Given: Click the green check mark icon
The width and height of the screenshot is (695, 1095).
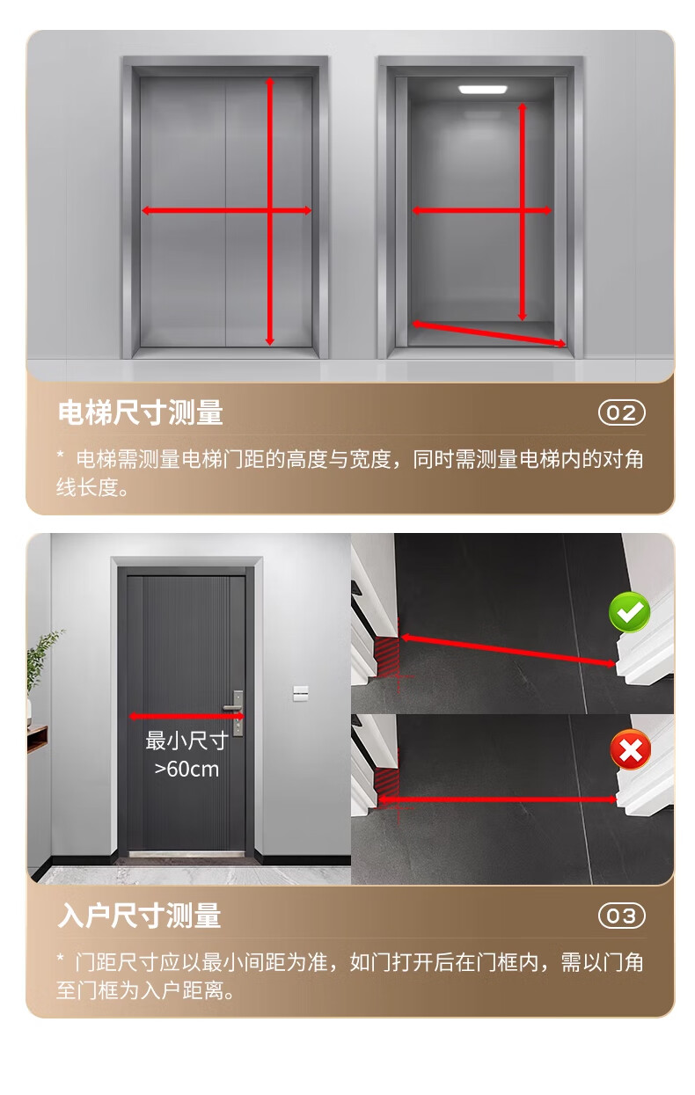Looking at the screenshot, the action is [x=629, y=611].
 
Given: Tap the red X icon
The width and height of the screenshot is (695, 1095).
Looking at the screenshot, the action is [x=631, y=749].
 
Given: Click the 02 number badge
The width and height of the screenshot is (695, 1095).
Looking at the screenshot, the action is [x=622, y=412].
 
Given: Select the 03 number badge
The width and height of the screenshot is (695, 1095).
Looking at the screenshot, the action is [x=622, y=916].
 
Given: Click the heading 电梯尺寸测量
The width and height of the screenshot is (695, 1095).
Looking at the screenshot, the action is [x=141, y=412].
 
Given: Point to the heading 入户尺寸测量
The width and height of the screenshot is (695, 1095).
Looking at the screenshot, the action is [x=139, y=916].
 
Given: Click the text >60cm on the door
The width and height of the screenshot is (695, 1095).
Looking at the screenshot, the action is [x=187, y=770].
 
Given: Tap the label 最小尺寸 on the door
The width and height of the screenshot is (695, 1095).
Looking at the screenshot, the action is [x=187, y=741].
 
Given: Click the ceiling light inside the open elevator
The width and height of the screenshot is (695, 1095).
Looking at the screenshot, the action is [x=483, y=90].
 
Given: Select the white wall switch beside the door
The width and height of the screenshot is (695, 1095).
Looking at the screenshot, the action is [x=300, y=693].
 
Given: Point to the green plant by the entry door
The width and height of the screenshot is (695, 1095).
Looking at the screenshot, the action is [x=42, y=659].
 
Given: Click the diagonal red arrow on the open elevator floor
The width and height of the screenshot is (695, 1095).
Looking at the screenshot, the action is [x=489, y=333].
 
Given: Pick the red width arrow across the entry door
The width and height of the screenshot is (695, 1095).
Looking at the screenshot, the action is [x=187, y=716].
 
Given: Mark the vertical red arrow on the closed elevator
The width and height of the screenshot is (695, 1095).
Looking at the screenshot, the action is [x=269, y=212].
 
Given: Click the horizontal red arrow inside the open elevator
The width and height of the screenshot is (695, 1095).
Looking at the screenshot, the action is [x=482, y=211].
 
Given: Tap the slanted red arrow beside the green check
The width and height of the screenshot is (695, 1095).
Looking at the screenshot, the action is [x=508, y=651].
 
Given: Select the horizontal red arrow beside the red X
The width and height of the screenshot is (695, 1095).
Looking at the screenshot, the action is [x=497, y=799].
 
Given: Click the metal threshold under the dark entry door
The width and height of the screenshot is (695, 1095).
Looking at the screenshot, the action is [x=187, y=854].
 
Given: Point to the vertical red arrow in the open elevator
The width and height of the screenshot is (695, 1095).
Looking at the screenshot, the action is [x=522, y=212].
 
